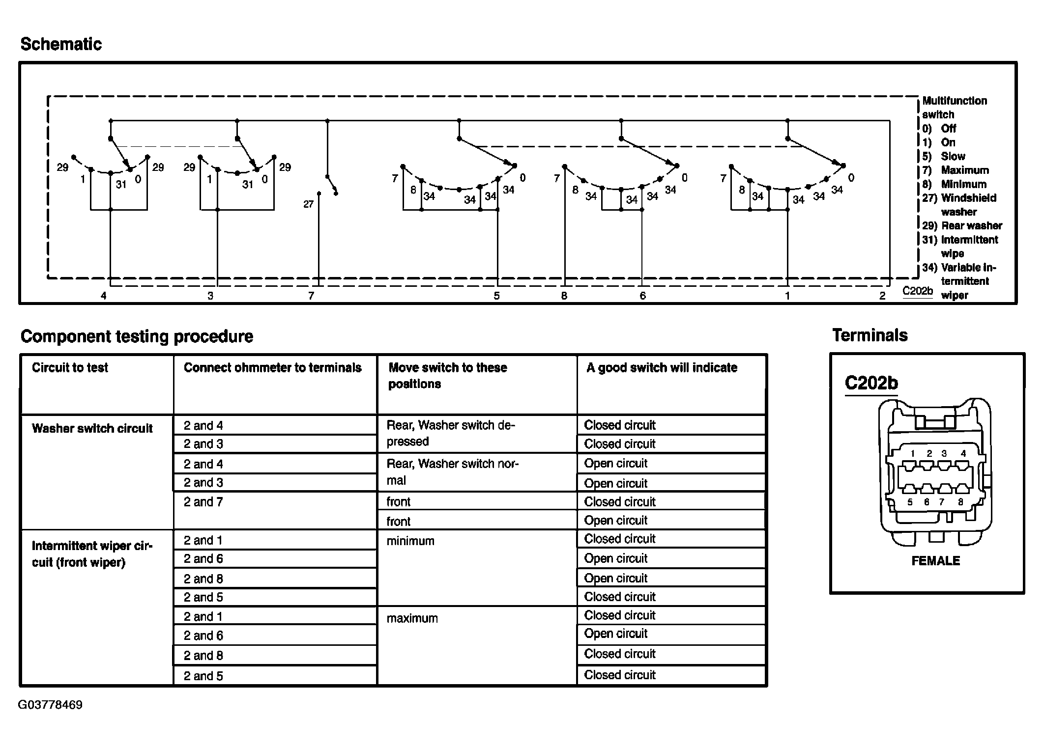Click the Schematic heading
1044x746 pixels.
click(x=61, y=44)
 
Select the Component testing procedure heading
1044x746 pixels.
click(x=137, y=336)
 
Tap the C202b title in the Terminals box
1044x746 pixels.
click(x=871, y=383)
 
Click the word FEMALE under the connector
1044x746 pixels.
click(x=935, y=561)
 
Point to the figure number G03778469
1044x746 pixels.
click(x=50, y=705)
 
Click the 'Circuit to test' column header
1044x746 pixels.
click(x=70, y=368)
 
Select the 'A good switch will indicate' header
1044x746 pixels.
click(x=662, y=368)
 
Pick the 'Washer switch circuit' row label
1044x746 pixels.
click(x=92, y=429)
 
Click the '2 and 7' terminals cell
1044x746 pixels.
click(x=203, y=502)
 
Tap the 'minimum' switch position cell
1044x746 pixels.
click(x=410, y=541)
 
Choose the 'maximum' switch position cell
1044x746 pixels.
click(x=412, y=618)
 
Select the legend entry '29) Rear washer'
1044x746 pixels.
click(x=962, y=226)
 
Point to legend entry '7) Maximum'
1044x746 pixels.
click(x=956, y=170)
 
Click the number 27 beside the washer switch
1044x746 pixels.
click(x=308, y=204)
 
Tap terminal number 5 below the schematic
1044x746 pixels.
click(x=497, y=296)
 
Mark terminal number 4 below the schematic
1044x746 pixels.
click(x=103, y=296)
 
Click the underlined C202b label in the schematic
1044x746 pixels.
click(x=917, y=291)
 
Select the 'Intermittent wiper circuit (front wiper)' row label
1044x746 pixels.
click(x=92, y=554)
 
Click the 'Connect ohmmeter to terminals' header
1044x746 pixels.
click(x=272, y=368)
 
